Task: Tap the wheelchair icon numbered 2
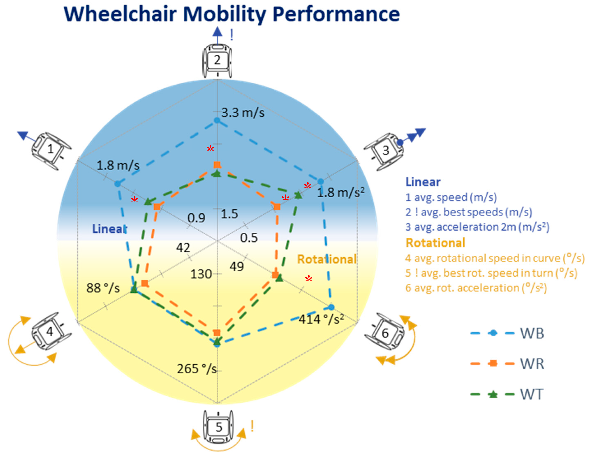click(217, 61)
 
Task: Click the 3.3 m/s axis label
click(242, 113)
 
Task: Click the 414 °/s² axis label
click(321, 319)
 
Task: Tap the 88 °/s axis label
click(103, 288)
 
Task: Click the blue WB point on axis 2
click(217, 120)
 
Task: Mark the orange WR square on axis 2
click(217, 165)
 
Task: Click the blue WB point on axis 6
click(331, 307)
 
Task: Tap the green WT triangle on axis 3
click(298, 195)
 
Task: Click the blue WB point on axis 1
click(118, 184)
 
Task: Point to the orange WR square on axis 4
click(145, 283)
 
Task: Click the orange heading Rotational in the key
click(435, 243)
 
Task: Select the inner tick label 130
click(201, 274)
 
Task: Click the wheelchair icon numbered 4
click(50, 332)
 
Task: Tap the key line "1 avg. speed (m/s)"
click(451, 197)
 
